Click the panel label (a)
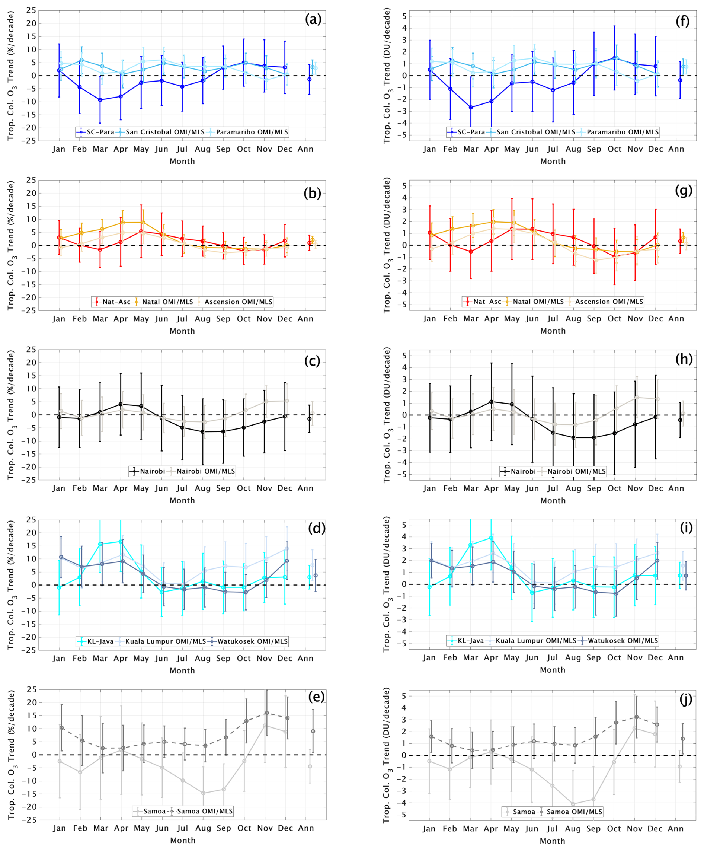pyautogui.click(x=313, y=19)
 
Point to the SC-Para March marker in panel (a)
pyautogui.click(x=100, y=100)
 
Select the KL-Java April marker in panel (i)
pyautogui.click(x=490, y=538)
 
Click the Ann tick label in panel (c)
pyautogui.click(x=305, y=488)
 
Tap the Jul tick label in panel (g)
pyautogui.click(x=553, y=319)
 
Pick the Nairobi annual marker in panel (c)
pyautogui.click(x=310, y=418)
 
